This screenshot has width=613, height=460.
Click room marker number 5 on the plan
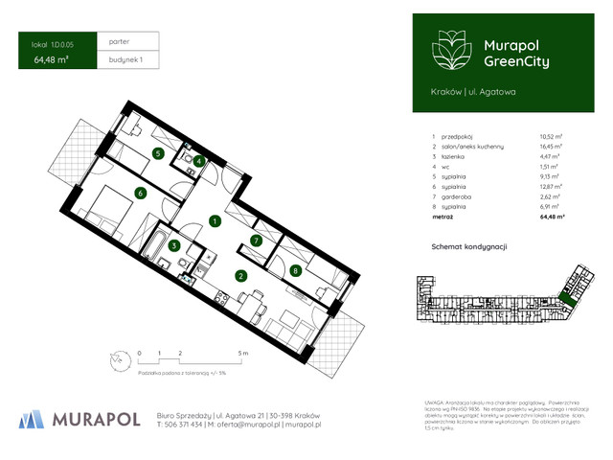[157, 152]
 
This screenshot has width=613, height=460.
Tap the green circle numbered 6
[140, 193]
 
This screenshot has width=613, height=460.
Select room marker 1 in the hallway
[216, 221]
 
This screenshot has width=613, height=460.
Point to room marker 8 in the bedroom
[295, 270]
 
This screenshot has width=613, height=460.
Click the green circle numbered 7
[256, 240]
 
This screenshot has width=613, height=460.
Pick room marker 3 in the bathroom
[174, 246]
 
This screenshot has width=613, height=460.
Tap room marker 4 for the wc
[198, 161]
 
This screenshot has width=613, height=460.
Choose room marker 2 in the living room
[241, 277]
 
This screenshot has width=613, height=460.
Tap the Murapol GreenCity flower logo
[447, 50]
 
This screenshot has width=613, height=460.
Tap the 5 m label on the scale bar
[243, 353]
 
